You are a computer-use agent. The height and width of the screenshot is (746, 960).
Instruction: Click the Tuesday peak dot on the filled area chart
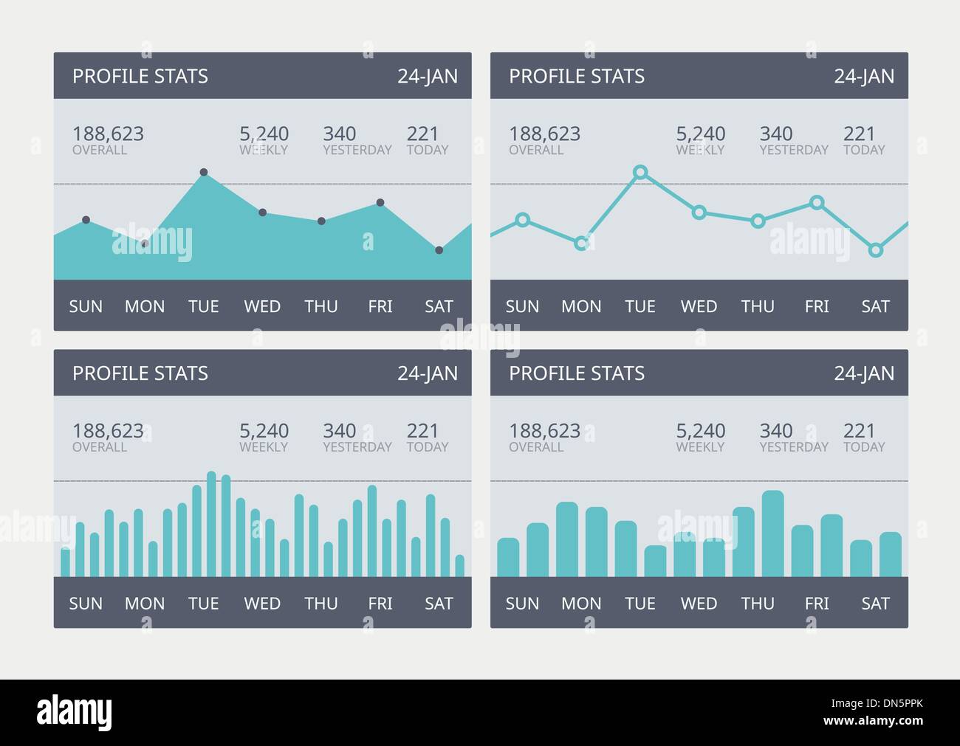(204, 173)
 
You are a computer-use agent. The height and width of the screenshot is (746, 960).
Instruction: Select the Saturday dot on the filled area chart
(439, 250)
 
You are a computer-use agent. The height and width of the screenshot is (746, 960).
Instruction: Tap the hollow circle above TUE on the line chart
(640, 173)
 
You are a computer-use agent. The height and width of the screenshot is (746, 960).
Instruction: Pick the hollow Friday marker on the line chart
(817, 202)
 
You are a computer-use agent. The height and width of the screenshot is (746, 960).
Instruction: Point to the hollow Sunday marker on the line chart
(523, 220)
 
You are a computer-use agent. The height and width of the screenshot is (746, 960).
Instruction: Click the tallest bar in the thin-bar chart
(211, 524)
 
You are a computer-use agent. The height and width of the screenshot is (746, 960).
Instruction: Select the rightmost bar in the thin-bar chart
(460, 565)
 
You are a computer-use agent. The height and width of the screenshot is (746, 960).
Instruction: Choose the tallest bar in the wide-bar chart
(772, 533)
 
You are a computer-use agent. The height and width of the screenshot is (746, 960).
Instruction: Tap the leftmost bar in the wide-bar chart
(508, 557)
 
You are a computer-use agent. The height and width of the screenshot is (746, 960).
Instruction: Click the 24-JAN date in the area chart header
(428, 76)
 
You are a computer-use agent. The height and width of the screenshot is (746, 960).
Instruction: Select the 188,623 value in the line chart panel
(544, 134)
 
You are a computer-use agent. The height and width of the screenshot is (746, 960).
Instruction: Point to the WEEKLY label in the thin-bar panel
(264, 447)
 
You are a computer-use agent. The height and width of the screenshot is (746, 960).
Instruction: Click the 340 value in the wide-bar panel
(775, 430)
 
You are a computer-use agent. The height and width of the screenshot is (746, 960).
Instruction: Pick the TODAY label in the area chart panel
(428, 150)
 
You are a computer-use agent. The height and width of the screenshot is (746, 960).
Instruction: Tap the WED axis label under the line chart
(699, 306)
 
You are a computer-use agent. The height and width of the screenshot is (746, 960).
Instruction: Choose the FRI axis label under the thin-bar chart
(380, 604)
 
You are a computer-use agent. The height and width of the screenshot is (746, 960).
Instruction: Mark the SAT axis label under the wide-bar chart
(875, 604)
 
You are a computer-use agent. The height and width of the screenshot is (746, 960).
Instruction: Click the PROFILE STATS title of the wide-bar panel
(577, 373)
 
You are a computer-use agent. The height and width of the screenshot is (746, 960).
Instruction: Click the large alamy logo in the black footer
(75, 712)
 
